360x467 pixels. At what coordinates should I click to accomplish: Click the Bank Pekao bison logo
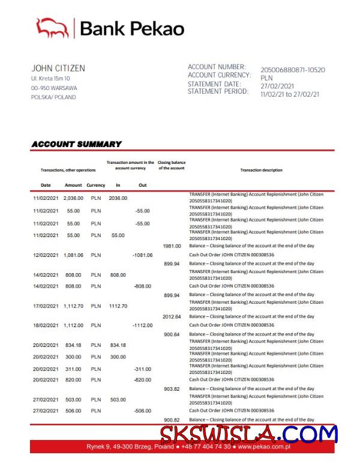[53, 28]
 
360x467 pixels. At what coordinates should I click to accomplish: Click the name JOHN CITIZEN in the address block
[58, 68]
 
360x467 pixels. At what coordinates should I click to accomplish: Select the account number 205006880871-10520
[292, 70]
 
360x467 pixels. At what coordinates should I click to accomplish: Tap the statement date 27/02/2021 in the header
[277, 86]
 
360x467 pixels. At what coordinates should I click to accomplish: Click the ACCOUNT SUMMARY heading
[76, 144]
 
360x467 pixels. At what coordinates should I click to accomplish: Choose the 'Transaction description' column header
[261, 170]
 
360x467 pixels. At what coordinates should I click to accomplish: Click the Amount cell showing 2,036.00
[73, 197]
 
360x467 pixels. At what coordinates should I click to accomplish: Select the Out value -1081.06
[142, 255]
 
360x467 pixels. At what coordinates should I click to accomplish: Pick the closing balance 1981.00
[172, 246]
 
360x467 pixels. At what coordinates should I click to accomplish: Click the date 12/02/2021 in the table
[46, 255]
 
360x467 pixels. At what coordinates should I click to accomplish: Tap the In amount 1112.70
[118, 306]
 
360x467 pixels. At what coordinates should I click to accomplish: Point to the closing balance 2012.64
[172, 316]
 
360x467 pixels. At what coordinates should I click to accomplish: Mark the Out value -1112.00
[142, 325]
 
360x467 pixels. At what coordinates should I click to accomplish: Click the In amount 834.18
[118, 345]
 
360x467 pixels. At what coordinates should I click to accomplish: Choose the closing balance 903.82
[172, 389]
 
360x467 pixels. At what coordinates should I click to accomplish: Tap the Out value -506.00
[142, 411]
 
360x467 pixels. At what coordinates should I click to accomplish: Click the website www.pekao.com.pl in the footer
[264, 447]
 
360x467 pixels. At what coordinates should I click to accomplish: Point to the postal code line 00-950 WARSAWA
[54, 88]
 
